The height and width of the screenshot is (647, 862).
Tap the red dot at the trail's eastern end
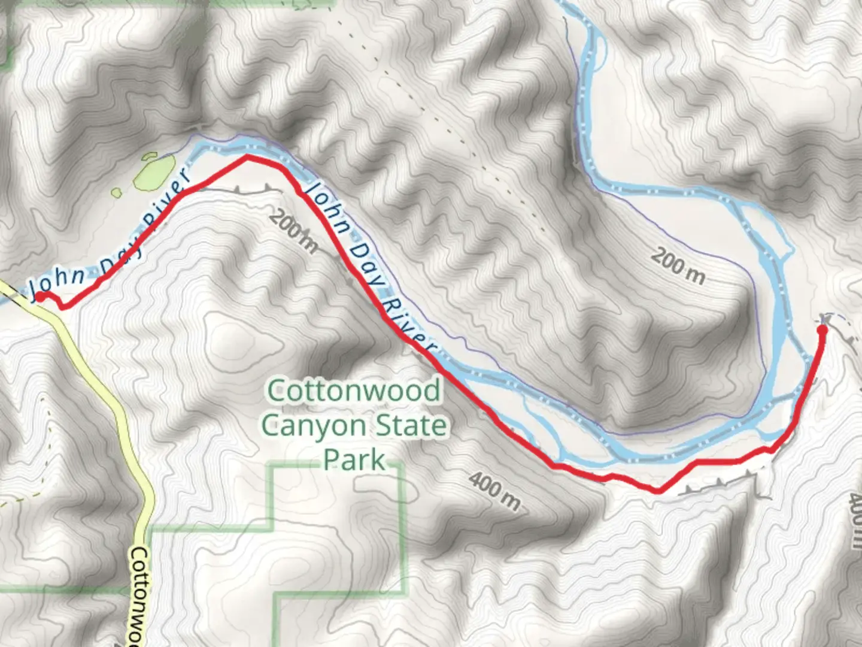coord(822,328)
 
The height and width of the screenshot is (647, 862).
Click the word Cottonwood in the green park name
coord(354,391)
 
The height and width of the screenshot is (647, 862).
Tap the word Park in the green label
coord(354,459)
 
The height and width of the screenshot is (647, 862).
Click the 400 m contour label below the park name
coord(494,491)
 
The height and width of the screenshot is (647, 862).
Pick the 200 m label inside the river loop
coord(678,267)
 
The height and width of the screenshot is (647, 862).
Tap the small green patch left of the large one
coord(117,193)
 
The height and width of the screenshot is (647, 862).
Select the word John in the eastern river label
coord(323,204)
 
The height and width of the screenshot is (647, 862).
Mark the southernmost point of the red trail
coord(658,492)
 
